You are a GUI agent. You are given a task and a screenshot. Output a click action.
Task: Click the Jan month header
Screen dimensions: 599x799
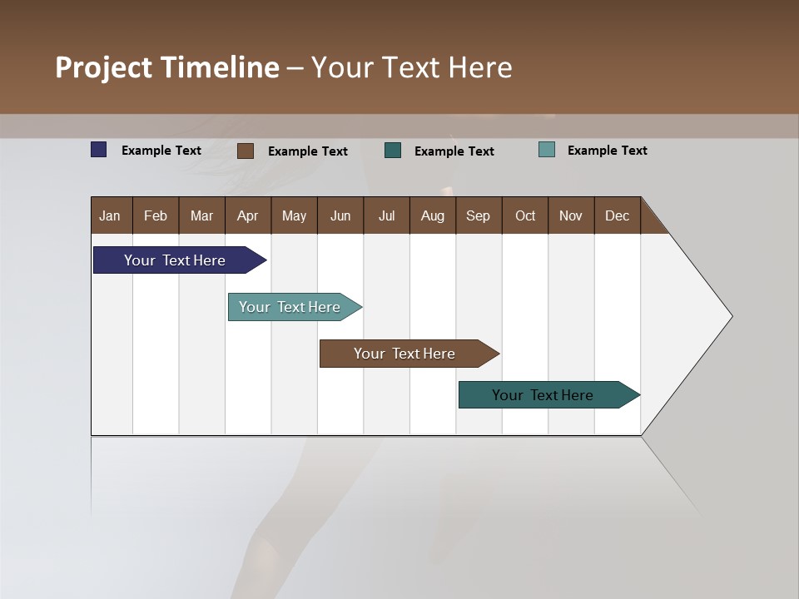(110, 215)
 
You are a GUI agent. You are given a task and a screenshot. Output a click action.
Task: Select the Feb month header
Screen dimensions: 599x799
(156, 215)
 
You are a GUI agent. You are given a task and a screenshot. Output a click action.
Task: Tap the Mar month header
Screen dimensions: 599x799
(201, 215)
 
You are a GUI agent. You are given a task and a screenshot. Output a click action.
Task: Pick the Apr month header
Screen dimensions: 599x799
(247, 215)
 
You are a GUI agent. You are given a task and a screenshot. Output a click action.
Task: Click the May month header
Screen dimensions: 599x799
(294, 215)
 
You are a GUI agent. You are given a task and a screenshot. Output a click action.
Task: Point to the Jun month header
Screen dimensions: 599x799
(340, 215)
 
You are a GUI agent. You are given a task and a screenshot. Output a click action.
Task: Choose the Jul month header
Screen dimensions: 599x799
(386, 215)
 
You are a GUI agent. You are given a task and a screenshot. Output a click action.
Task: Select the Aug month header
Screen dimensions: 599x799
(432, 215)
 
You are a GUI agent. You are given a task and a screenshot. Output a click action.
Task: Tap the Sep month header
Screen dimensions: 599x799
(478, 215)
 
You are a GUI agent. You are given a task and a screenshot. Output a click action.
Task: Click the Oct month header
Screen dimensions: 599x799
(525, 215)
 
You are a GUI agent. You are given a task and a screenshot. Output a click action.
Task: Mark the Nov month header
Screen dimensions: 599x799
(571, 215)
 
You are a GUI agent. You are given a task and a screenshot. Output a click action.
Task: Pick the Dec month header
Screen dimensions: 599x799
(617, 215)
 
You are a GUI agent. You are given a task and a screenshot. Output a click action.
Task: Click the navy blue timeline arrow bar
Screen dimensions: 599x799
(175, 260)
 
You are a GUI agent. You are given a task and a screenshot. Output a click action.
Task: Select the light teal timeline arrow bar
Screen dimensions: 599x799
(290, 307)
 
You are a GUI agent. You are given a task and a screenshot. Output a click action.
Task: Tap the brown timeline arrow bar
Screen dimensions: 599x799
(404, 354)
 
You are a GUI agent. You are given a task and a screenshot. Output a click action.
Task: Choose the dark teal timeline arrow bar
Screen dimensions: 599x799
(543, 395)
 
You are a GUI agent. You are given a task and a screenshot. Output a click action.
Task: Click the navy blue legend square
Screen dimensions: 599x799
(98, 150)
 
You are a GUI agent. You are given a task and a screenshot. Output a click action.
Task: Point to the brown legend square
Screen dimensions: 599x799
(245, 151)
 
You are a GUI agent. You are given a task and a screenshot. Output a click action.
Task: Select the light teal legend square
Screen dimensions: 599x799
(546, 150)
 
